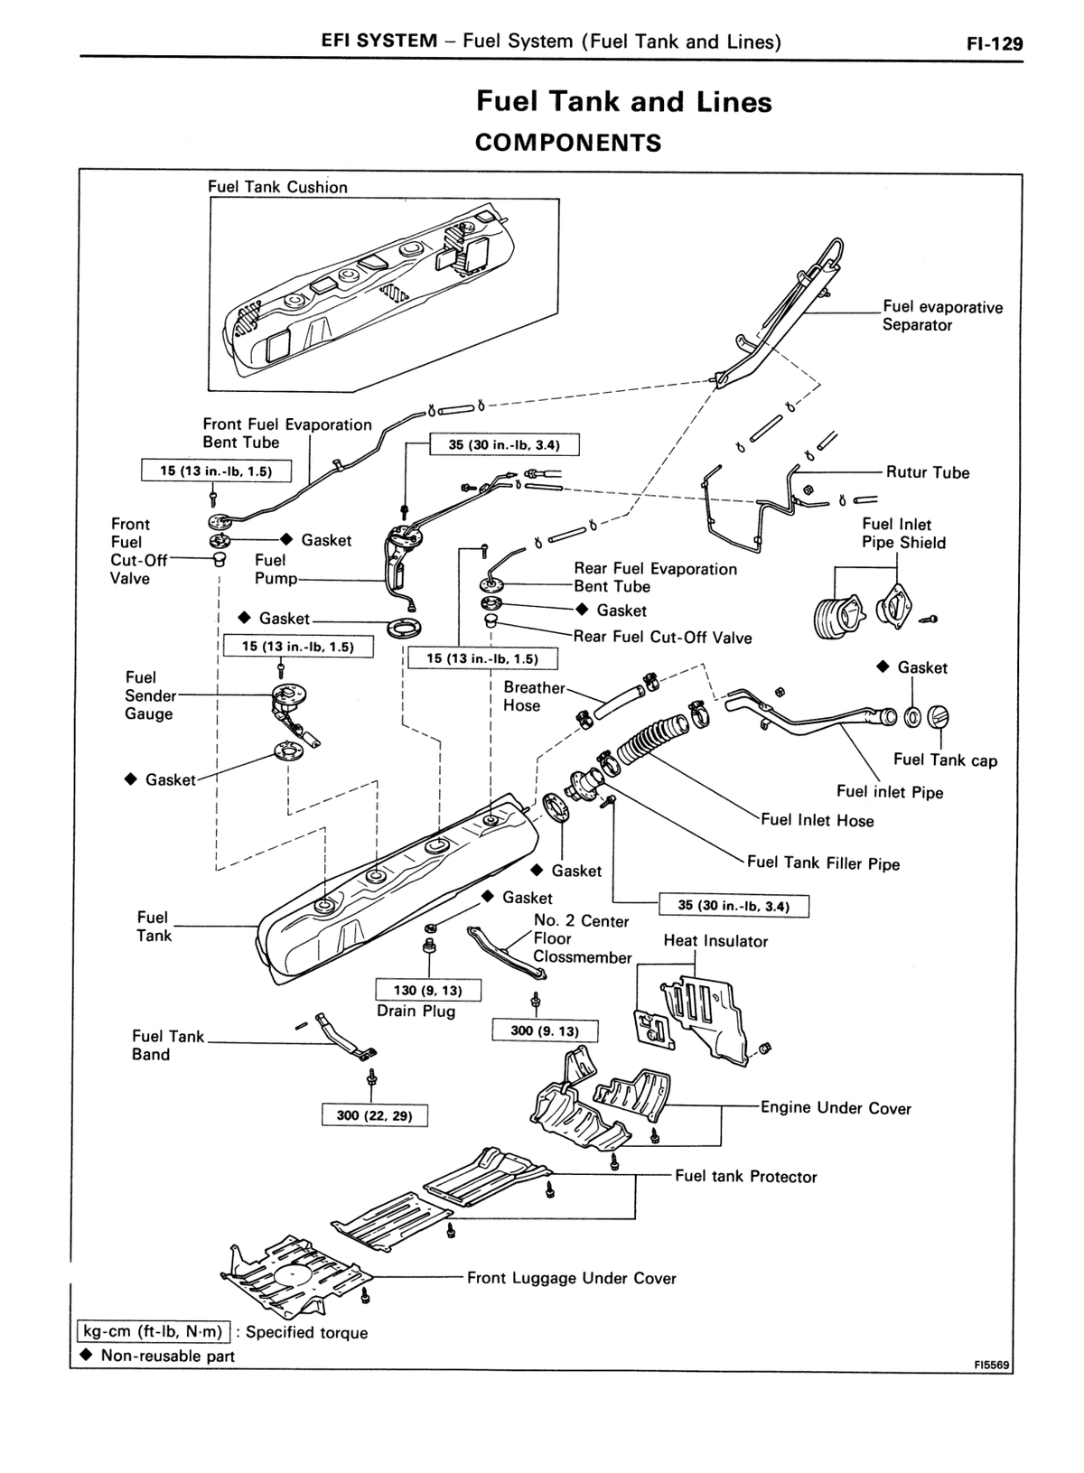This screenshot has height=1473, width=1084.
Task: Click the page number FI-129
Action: pyautogui.click(x=995, y=44)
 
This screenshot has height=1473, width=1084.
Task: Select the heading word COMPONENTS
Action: pyautogui.click(x=568, y=143)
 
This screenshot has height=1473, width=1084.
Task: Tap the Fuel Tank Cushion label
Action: pyautogui.click(x=277, y=187)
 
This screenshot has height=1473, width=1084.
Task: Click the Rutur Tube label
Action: pyautogui.click(x=928, y=472)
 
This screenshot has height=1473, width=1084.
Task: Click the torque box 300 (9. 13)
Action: pyautogui.click(x=546, y=1030)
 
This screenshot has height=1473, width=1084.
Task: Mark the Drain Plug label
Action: pyautogui.click(x=416, y=1011)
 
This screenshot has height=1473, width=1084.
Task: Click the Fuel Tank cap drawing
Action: pyautogui.click(x=939, y=716)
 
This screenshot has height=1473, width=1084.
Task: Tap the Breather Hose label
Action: pyautogui.click(x=534, y=696)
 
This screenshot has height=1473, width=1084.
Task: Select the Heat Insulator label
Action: pyautogui.click(x=715, y=941)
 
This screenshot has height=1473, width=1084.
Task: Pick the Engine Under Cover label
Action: pyautogui.click(x=836, y=1108)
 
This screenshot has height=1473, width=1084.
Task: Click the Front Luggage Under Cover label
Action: pyautogui.click(x=572, y=1278)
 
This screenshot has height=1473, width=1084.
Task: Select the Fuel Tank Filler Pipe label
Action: pyautogui.click(x=824, y=863)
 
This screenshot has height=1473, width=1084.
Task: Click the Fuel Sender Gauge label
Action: pyautogui.click(x=151, y=695)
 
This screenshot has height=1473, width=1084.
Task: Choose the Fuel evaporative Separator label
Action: pyautogui.click(x=942, y=316)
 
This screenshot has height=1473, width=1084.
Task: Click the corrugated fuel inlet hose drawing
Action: pyautogui.click(x=650, y=739)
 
